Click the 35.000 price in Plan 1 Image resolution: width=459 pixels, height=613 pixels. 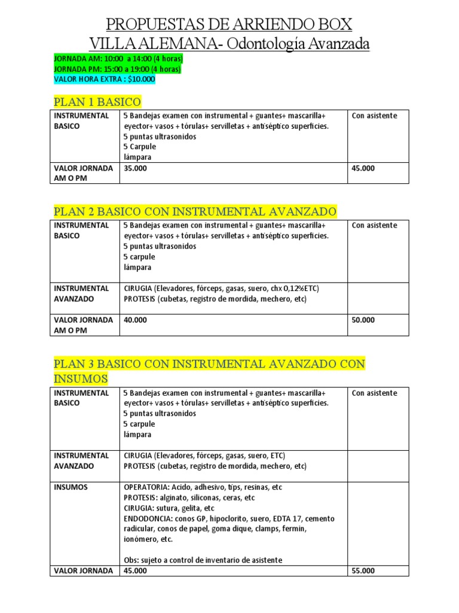(134, 168)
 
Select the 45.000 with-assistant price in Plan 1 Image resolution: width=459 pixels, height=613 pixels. (363, 168)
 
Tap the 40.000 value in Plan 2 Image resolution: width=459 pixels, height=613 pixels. (134, 320)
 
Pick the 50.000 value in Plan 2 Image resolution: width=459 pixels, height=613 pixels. (363, 320)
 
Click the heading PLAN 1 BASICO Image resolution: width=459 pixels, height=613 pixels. (97, 101)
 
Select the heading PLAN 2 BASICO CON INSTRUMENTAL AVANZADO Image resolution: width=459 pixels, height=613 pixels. (195, 211)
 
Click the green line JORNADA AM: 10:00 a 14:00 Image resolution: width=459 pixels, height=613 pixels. (118, 59)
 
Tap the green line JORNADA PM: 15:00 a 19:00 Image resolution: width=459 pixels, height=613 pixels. (117, 69)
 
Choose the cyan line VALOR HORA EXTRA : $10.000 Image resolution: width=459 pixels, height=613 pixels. (104, 78)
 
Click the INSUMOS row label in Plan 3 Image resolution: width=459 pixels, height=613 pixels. (71, 487)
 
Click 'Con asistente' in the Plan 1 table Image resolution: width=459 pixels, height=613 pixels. (375, 116)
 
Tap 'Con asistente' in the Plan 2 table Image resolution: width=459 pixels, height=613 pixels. (375, 225)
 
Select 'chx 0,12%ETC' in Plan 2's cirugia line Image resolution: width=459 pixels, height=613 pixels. (293, 288)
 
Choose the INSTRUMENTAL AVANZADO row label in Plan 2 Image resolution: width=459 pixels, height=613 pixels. (81, 293)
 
